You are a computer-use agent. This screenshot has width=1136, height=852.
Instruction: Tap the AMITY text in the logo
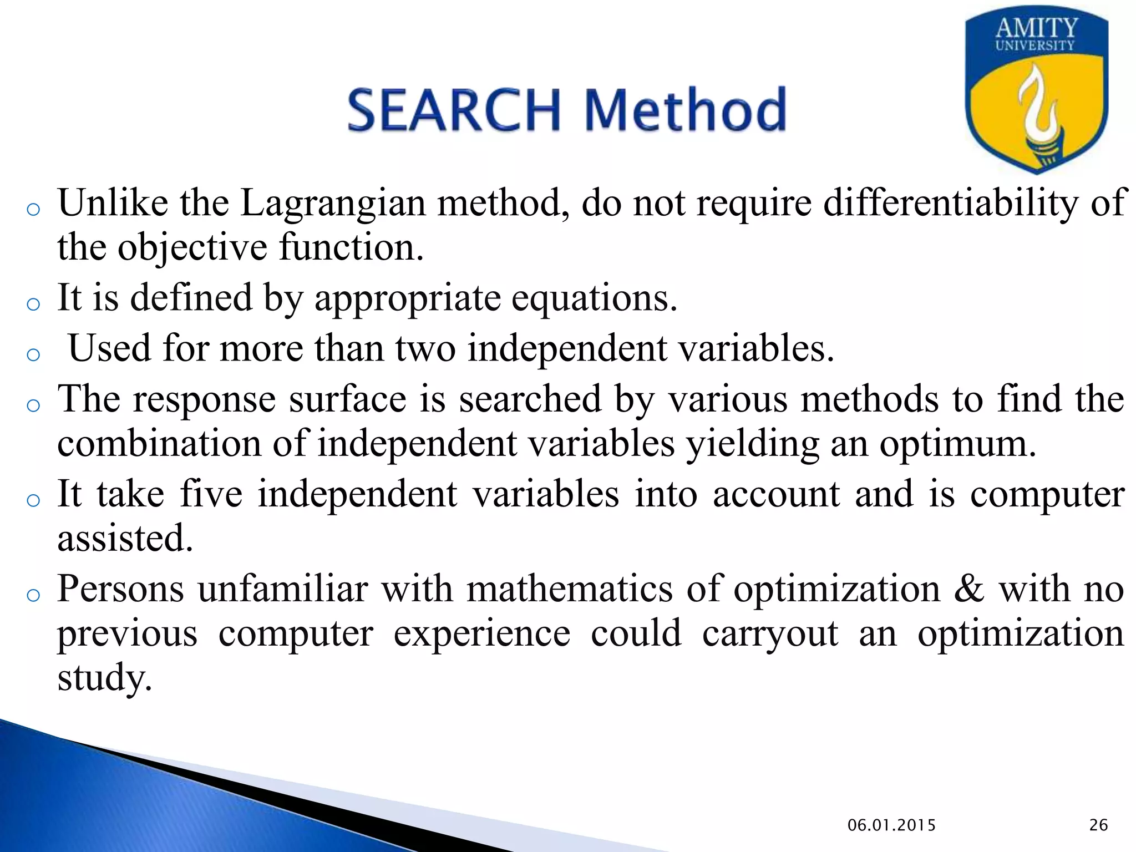click(x=1036, y=28)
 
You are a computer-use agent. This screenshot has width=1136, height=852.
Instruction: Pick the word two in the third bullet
click(x=425, y=349)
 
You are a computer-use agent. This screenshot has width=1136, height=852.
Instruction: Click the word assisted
click(x=125, y=539)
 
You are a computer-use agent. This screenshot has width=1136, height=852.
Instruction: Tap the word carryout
click(x=770, y=633)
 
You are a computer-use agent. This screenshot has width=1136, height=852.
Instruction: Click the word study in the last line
click(x=104, y=679)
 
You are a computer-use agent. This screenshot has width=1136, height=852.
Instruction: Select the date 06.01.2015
click(x=891, y=825)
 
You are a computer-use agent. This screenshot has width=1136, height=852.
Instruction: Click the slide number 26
click(x=1098, y=825)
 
